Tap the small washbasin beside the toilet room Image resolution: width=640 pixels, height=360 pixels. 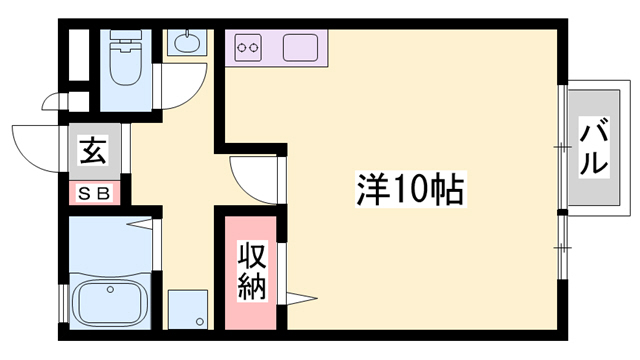tap(187, 43)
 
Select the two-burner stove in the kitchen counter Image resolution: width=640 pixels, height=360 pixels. tap(248, 46)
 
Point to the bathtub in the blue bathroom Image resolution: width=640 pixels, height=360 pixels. tap(109, 299)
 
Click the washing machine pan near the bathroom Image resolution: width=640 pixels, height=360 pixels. tap(187, 309)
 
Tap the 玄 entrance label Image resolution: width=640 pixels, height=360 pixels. tap(94, 152)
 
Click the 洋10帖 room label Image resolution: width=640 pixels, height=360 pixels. tap(411, 189)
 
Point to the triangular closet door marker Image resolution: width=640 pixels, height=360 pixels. tap(300, 297)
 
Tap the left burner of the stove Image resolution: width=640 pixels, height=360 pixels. tap(243, 46)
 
